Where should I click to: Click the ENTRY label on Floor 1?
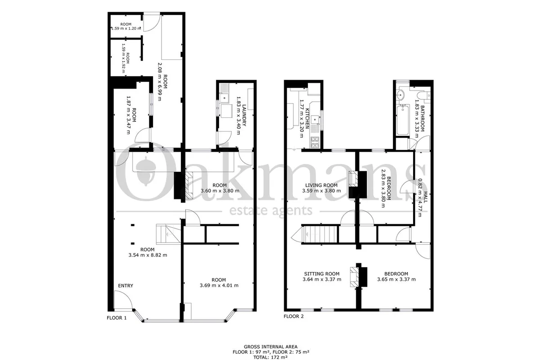126,286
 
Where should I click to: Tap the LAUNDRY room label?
244,115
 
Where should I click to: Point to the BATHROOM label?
422,118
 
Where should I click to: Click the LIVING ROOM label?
321,185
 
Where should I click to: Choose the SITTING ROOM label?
322,274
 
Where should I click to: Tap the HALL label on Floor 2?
426,197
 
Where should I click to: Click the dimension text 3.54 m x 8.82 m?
148,255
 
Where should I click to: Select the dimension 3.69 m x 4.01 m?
219,285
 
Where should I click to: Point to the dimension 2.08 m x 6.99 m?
160,82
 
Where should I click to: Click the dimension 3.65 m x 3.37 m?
396,279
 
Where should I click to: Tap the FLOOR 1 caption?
117,318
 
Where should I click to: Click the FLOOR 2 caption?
293,316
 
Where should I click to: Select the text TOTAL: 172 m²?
270,357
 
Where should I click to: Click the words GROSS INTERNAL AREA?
270,347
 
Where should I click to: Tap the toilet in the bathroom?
424,95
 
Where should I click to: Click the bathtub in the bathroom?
403,120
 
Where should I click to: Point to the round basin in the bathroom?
400,94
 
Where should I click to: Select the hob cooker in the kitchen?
315,142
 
